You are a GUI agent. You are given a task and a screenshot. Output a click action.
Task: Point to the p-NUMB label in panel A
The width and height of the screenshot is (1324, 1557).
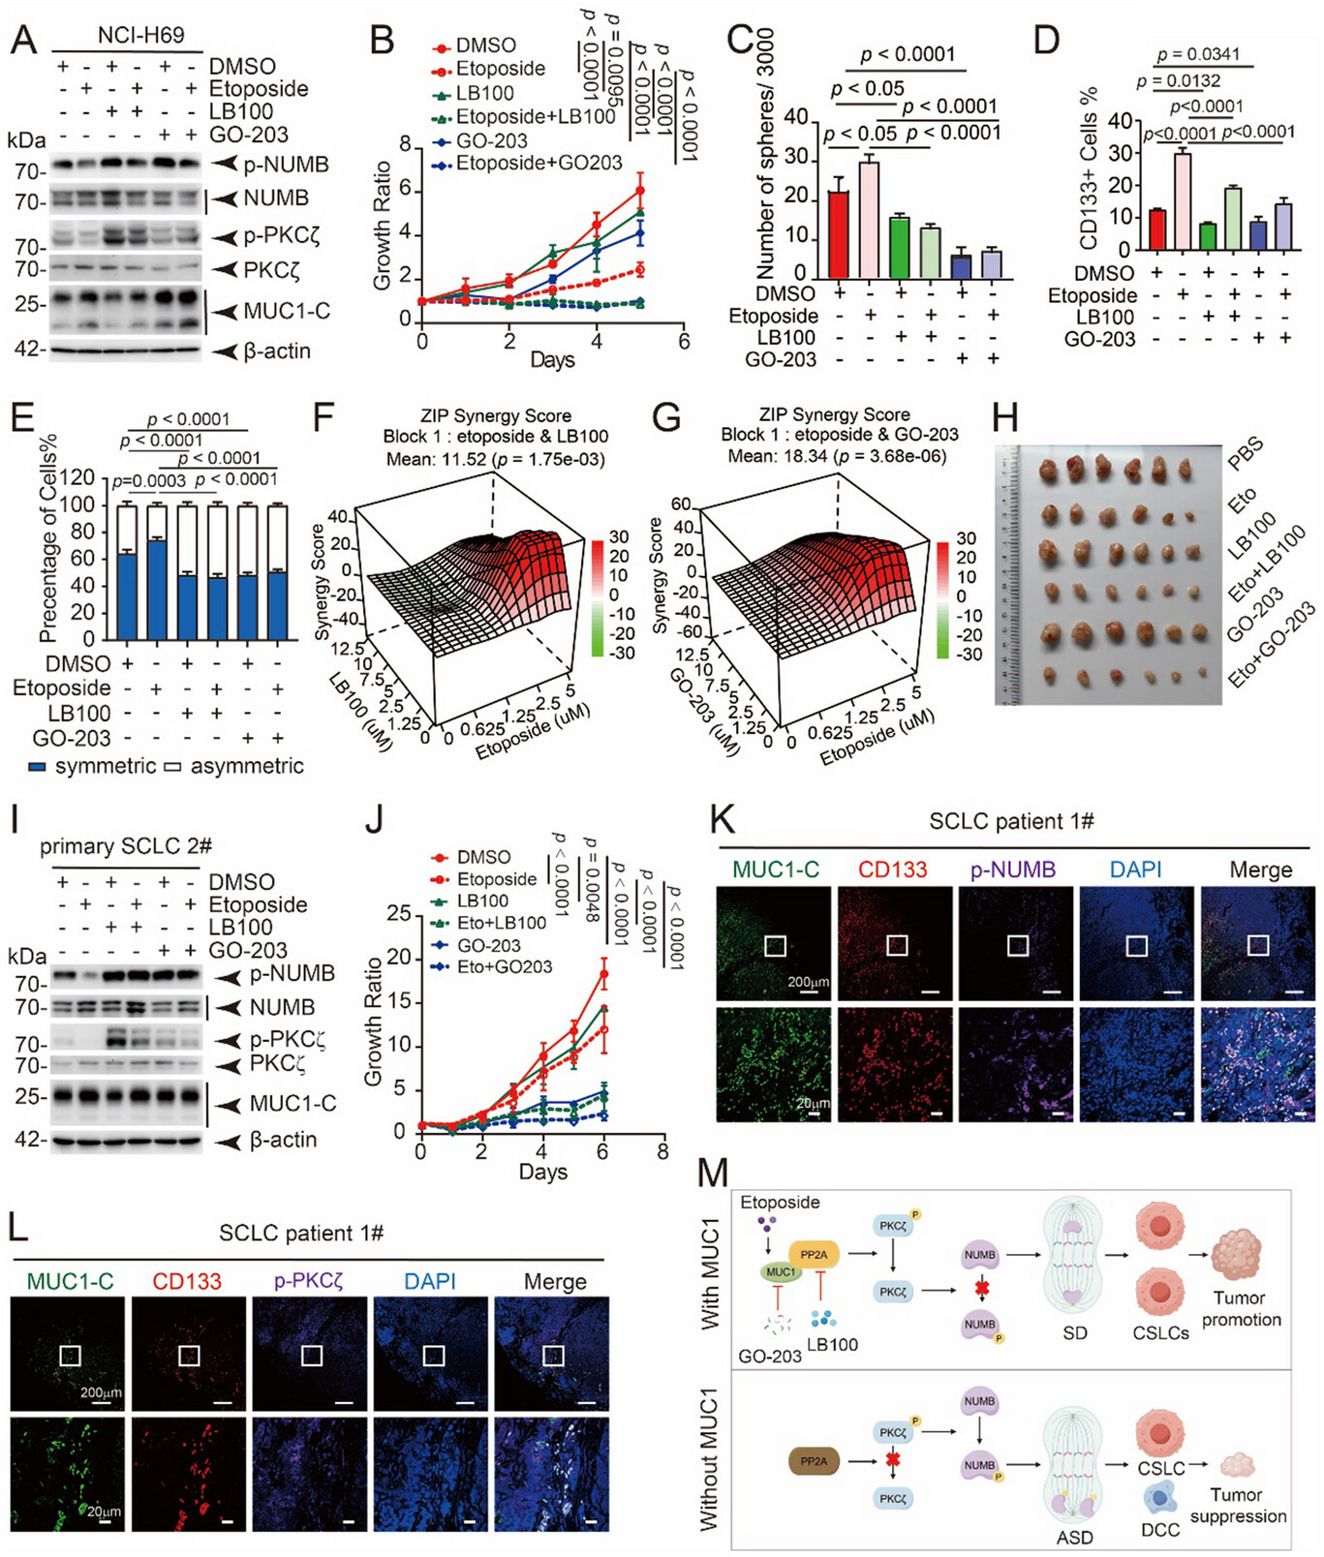[x=286, y=165]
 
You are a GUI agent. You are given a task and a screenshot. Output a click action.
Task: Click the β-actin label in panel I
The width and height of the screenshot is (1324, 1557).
[x=283, y=1140]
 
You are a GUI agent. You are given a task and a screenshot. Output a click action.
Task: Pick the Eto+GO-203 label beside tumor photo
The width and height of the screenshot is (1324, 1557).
[x=1272, y=644]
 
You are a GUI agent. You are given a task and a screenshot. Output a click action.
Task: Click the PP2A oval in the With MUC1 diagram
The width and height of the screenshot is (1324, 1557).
[x=814, y=1255]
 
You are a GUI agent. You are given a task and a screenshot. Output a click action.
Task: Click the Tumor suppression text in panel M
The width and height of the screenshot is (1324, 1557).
[x=1238, y=1505]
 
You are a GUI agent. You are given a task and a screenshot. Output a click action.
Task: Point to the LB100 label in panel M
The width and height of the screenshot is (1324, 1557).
[x=832, y=1344]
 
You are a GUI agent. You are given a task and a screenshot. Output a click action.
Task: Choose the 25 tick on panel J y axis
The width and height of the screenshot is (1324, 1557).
[x=396, y=913]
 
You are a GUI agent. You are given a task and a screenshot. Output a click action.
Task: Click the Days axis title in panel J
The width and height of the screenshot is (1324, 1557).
[x=542, y=1172]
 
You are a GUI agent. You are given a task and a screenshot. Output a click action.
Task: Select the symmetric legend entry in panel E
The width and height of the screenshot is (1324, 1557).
[x=94, y=766]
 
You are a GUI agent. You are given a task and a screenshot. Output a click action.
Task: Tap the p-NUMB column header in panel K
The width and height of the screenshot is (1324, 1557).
[x=1014, y=870]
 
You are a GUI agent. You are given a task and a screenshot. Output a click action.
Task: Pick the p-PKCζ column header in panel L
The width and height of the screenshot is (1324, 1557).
[x=309, y=1281]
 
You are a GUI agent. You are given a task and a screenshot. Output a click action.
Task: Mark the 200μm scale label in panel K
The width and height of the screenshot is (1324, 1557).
[x=809, y=982]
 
